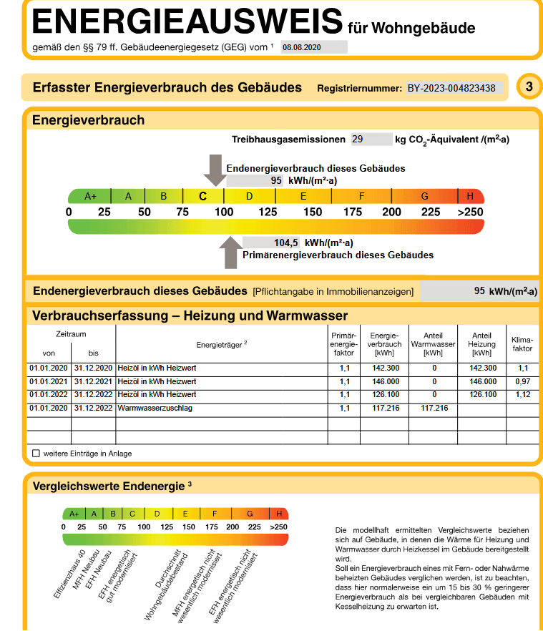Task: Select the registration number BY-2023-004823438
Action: tap(451, 88)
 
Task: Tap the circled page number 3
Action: tap(529, 87)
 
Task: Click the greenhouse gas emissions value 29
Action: tap(358, 140)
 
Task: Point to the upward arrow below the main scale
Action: tap(230, 253)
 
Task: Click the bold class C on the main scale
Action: tap(203, 196)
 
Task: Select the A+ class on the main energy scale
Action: tap(90, 196)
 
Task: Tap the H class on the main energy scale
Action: tap(470, 196)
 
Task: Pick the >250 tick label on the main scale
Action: tap(470, 212)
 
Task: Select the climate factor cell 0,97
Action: tap(522, 381)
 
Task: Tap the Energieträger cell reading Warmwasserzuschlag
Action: tap(155, 408)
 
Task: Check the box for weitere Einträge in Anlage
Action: tap(36, 454)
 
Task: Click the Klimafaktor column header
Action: tap(522, 343)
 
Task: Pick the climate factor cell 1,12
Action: tap(522, 394)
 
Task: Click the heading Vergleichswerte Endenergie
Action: tap(109, 486)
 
